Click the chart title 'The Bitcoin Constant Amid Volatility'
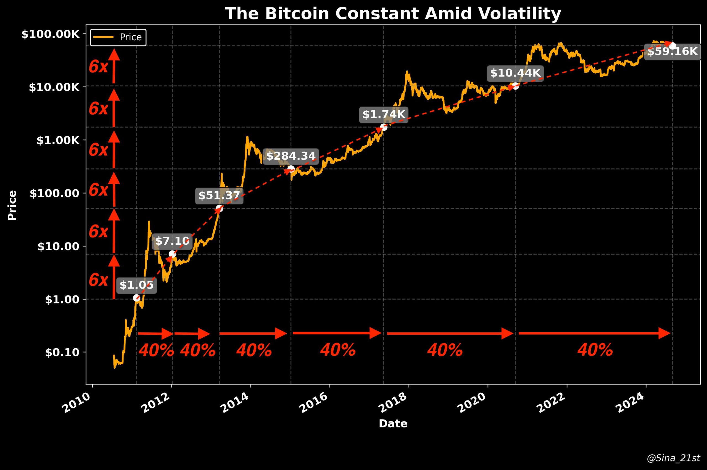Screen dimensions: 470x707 [x=393, y=14]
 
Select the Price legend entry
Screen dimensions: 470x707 [x=118, y=37]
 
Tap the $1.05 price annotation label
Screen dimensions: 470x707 [x=136, y=285]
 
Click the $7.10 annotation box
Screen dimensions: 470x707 [x=172, y=241]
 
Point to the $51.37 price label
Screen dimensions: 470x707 [x=219, y=195]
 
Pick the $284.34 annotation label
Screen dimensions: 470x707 [x=291, y=156]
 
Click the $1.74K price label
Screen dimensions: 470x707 [x=384, y=114]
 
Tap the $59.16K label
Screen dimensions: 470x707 [x=672, y=52]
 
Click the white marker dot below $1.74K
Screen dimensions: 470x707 [x=384, y=127]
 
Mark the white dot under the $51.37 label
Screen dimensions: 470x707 [x=219, y=208]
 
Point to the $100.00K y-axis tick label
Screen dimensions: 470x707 [x=51, y=35]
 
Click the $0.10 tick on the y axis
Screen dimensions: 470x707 [x=62, y=352]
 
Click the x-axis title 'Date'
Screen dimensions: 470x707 [x=393, y=424]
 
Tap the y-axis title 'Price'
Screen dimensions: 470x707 [x=12, y=205]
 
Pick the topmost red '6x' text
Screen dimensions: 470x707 [x=98, y=66]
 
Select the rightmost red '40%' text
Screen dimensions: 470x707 [x=595, y=350]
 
